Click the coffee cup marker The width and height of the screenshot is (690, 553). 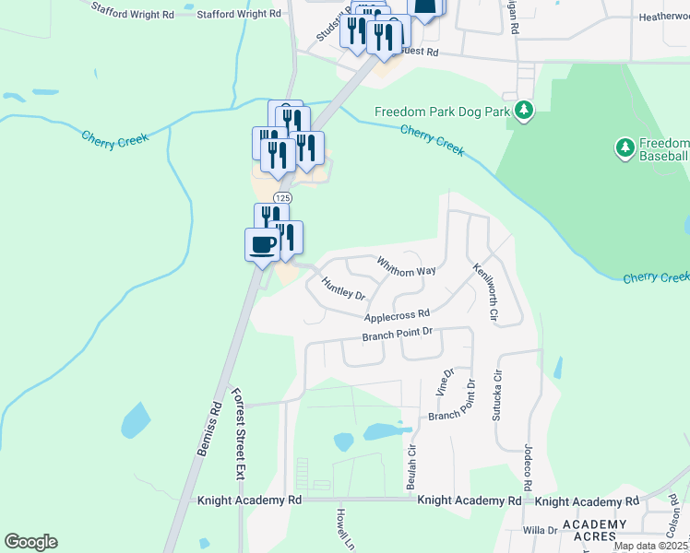point(262,245)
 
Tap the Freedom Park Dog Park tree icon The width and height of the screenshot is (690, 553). point(524,112)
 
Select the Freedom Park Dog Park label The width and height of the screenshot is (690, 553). point(442,112)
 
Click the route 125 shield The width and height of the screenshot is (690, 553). point(283,198)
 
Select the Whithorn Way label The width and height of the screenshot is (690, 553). point(406,265)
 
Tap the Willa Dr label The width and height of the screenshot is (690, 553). point(534,530)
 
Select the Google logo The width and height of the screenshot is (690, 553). point(30,542)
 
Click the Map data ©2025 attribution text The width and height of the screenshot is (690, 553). point(651,546)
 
